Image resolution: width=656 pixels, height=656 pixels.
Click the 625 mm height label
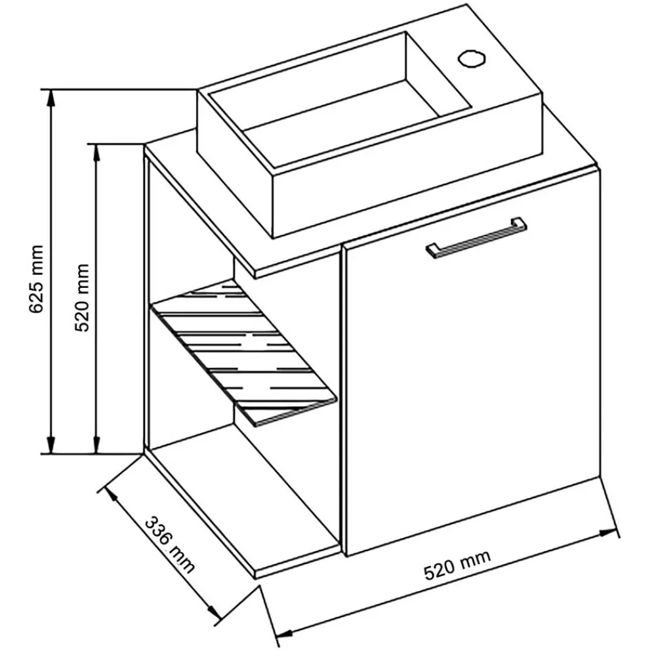(x=36, y=278)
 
